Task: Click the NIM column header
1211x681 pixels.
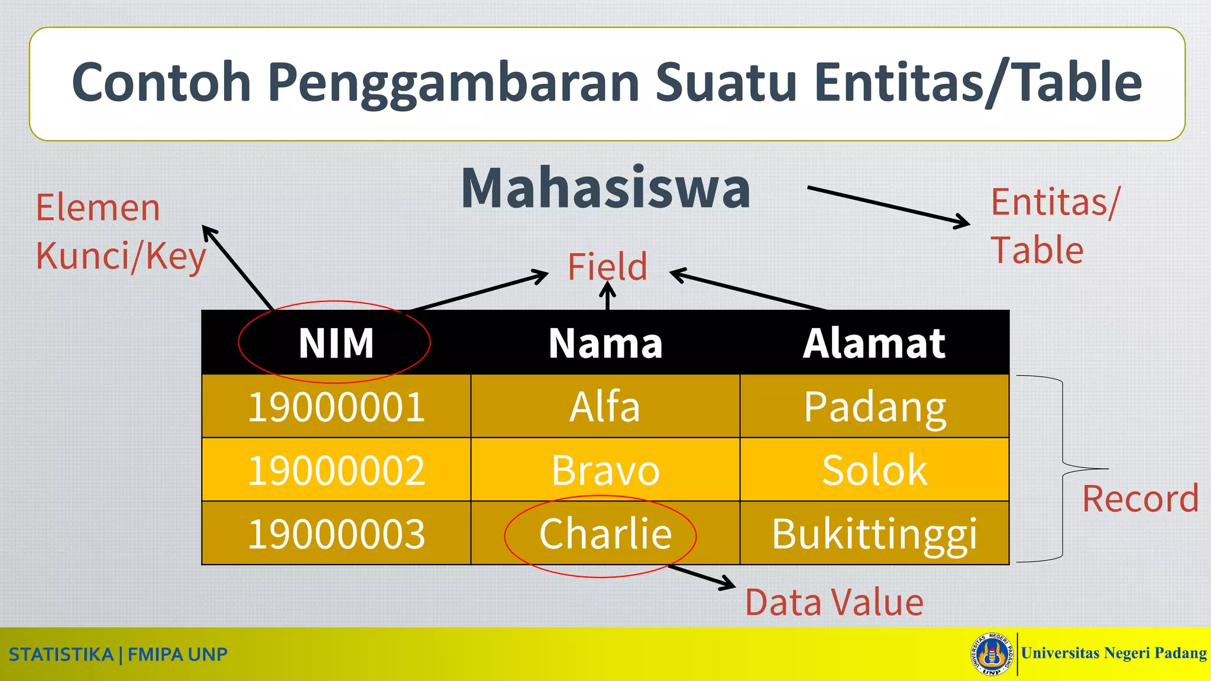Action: tap(336, 343)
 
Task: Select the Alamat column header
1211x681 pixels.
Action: tap(874, 343)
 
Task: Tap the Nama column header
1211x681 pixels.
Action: tap(605, 343)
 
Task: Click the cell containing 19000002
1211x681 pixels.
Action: tap(336, 470)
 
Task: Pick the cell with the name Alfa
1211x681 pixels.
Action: tap(605, 407)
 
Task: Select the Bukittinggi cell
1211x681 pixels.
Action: tap(874, 534)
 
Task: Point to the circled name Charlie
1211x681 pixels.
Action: tap(605, 534)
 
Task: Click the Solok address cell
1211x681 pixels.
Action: tap(874, 470)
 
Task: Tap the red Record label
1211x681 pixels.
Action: tap(1140, 499)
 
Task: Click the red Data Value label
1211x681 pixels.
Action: tap(834, 602)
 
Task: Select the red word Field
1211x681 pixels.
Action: tap(607, 266)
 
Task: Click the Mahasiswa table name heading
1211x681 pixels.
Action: tap(605, 188)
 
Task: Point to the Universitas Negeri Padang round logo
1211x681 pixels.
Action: tap(991, 654)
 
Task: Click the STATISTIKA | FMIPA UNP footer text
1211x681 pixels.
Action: tap(118, 654)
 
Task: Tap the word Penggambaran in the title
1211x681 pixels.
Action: tap(453, 83)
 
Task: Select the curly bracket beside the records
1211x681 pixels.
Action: tap(1063, 468)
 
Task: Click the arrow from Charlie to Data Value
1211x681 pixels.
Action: tap(702, 577)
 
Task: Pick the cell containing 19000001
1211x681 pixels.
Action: tap(336, 407)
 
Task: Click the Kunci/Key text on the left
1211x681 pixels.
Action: tap(121, 256)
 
